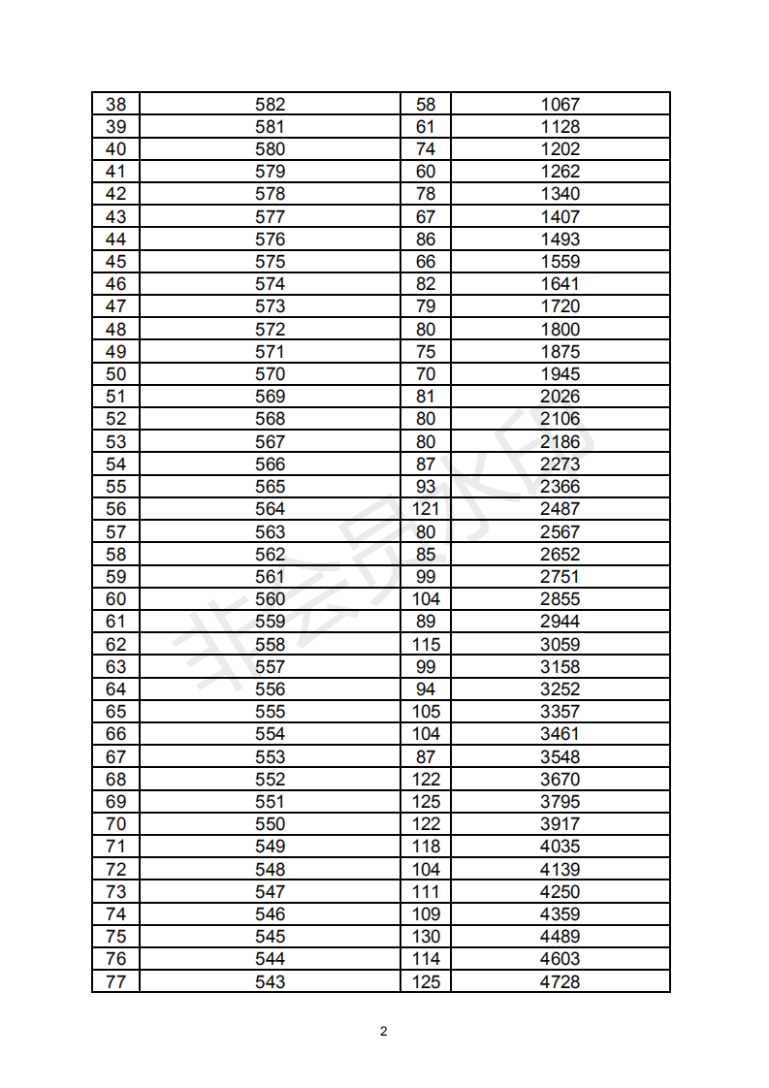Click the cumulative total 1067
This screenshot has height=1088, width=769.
560,105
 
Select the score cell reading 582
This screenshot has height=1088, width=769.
270,105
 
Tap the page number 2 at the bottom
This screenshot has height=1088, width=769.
384,1031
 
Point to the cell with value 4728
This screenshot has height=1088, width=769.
560,982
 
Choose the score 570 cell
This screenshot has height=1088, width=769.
270,374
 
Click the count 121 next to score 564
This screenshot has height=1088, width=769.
426,509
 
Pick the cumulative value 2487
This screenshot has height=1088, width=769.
560,509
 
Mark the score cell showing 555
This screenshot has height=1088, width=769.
270,712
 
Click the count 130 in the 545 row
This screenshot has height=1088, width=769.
426,937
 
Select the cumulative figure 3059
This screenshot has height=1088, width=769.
560,645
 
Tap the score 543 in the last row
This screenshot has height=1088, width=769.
270,982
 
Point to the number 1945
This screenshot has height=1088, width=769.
560,374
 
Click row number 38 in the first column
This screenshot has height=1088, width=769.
115,105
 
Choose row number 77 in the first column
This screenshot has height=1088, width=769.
115,982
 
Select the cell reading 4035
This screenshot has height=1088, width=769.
560,847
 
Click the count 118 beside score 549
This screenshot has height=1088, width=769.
426,847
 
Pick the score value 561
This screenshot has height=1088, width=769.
270,577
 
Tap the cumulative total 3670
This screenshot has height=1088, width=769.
560,780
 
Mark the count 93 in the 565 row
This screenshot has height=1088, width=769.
426,487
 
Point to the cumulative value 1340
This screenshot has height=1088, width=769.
560,194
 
